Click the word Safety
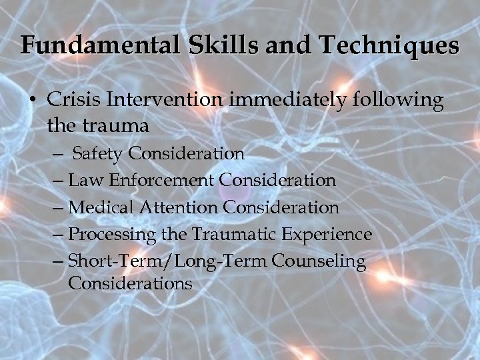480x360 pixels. tap(98, 154)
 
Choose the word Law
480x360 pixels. tap(83, 180)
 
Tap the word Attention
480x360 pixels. tap(176, 207)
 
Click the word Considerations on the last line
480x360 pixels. tap(130, 283)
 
